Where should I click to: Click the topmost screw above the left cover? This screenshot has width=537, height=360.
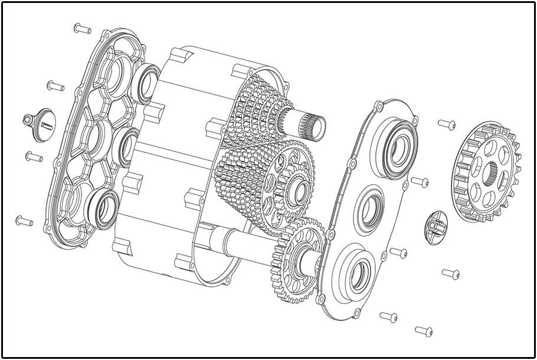(82, 28)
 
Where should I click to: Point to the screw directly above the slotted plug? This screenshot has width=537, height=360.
(55, 86)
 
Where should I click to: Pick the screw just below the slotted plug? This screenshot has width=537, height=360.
(34, 157)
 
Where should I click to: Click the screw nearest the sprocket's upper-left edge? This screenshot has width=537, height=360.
(447, 125)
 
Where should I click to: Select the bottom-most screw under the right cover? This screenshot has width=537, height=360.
(424, 331)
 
